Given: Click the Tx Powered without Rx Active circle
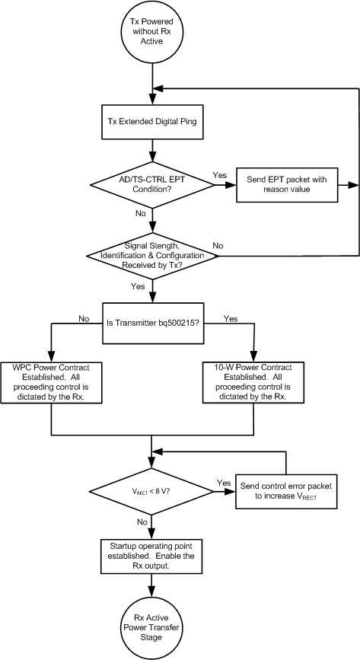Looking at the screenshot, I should click(x=154, y=34).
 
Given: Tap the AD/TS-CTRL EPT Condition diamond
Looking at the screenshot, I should click(x=153, y=184).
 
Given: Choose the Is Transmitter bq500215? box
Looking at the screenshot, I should click(x=153, y=324).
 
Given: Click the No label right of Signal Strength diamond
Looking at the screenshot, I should click(x=218, y=246).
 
